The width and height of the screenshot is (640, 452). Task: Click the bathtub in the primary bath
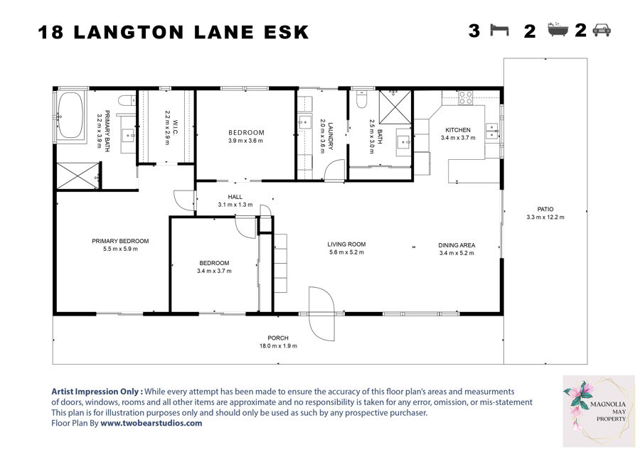[70, 115]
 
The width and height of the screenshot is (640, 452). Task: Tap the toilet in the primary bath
[127, 100]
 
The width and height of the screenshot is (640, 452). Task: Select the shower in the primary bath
[78, 176]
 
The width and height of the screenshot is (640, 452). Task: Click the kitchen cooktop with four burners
[466, 98]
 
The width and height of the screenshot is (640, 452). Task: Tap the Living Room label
[346, 244]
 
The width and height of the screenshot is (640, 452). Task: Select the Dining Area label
[457, 245]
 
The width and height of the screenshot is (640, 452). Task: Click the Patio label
[545, 209]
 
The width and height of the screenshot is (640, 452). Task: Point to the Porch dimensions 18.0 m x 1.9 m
[278, 346]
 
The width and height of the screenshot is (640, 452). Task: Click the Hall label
[235, 197]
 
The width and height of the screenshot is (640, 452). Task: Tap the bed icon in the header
[499, 31]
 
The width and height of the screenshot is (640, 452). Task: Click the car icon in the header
[602, 30]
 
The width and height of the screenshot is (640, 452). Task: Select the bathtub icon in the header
[558, 30]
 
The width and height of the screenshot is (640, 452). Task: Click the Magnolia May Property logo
[599, 411]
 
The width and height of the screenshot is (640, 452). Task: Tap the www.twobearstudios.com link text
[151, 423]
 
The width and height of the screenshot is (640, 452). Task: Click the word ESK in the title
[287, 33]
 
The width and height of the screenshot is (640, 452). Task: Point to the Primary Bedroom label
[120, 241]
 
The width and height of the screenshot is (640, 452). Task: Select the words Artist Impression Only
[97, 392]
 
